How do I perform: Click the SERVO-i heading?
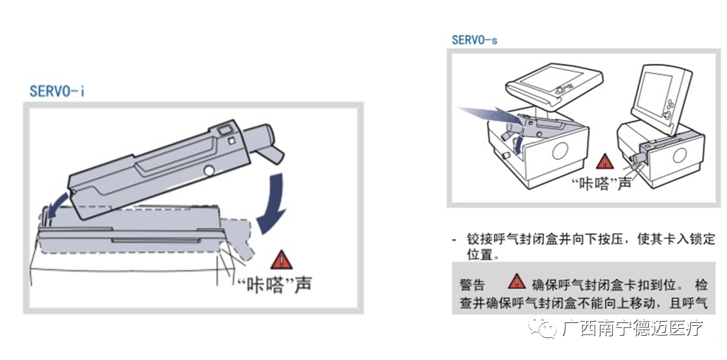(58, 92)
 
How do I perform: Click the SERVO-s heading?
(474, 40)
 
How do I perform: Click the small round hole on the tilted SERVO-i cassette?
(208, 170)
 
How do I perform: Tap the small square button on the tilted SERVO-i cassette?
(231, 140)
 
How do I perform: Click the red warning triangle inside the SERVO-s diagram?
(604, 162)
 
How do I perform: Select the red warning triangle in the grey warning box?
(517, 281)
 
